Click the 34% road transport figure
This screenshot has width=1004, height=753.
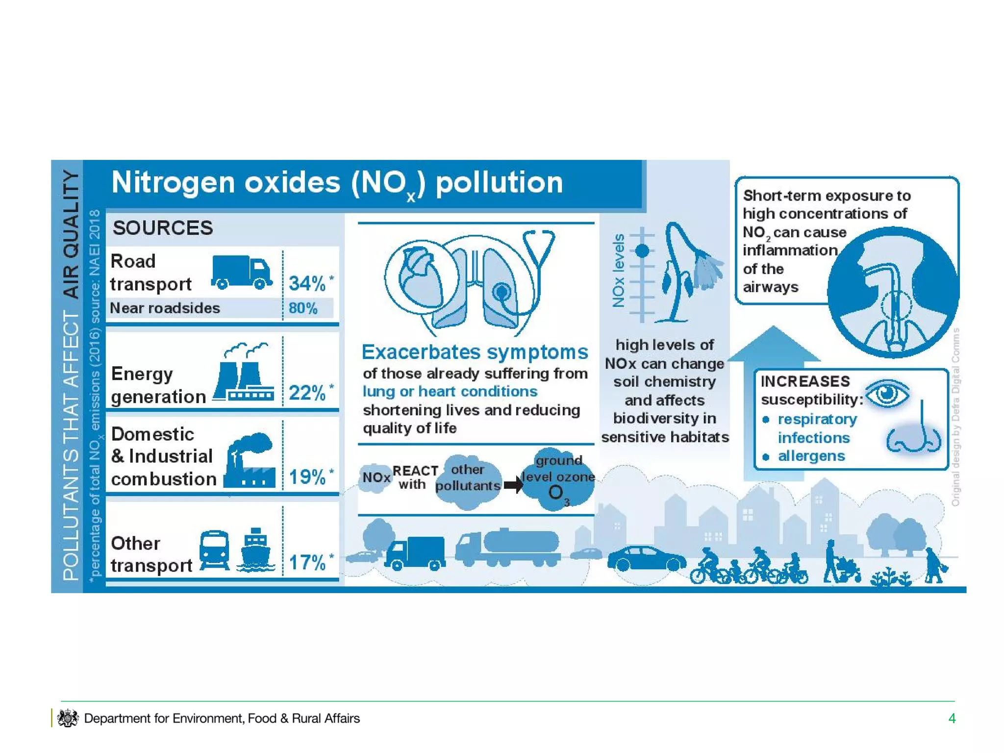pyautogui.click(x=307, y=283)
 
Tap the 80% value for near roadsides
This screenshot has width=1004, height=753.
pyautogui.click(x=303, y=308)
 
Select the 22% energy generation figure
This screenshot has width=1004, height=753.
pyautogui.click(x=307, y=393)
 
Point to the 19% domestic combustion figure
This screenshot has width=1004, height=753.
pyautogui.click(x=307, y=477)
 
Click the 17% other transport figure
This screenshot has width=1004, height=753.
pyautogui.click(x=307, y=562)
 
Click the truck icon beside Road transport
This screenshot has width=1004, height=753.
pyautogui.click(x=242, y=272)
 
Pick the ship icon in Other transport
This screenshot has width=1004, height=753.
pyautogui.click(x=255, y=551)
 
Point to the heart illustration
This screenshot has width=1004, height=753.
pyautogui.click(x=421, y=277)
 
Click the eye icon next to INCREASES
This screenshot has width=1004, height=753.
pyautogui.click(x=887, y=393)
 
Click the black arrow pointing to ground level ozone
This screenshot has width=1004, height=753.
pyautogui.click(x=513, y=485)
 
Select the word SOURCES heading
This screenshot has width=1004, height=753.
pyautogui.click(x=163, y=228)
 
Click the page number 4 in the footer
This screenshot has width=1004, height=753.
pyautogui.click(x=952, y=719)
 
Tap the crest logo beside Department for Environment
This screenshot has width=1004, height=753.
pyautogui.click(x=68, y=718)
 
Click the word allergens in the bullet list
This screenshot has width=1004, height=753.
pyautogui.click(x=811, y=456)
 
